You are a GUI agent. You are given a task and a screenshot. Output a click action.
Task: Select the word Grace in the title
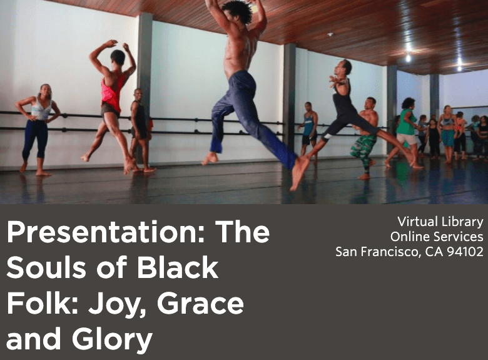tap(200, 303)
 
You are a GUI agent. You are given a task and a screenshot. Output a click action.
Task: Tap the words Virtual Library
tap(440, 222)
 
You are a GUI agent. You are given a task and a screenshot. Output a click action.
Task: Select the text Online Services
tap(437, 237)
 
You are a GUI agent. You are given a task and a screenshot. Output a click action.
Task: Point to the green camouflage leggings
tap(363, 150)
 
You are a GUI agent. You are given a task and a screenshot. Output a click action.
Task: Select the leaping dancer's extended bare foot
tap(298, 173)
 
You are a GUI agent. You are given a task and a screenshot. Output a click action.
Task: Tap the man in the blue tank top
tap(308, 129)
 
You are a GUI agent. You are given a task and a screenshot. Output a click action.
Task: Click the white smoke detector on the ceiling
tap(330, 34)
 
